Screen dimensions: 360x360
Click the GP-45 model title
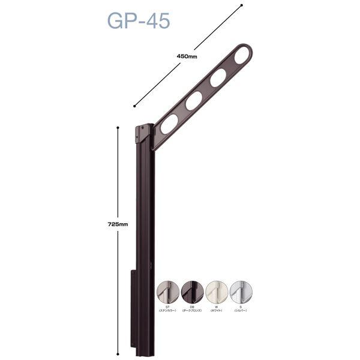(x=138, y=20)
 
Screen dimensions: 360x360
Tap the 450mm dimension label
(x=188, y=56)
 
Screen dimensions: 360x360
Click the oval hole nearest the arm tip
(x=242, y=56)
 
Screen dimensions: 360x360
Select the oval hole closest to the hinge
(x=169, y=124)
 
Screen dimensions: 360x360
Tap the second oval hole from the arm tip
(x=218, y=77)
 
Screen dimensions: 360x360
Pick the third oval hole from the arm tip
(x=193, y=101)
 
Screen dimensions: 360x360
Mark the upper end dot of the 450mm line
(x=241, y=6)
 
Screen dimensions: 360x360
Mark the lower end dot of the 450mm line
(x=134, y=106)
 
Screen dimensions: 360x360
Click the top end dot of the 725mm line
(x=118, y=128)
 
